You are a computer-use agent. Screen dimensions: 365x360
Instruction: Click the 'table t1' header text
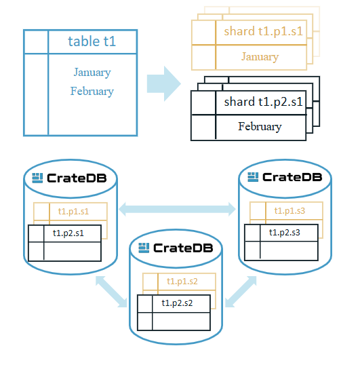92,41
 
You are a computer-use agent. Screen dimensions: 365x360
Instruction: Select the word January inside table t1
92,73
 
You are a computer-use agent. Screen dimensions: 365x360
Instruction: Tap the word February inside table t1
92,92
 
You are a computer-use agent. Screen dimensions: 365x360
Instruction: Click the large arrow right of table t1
163,83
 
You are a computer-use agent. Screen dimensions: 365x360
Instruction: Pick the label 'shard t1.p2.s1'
263,102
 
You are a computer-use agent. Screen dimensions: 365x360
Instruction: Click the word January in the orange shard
260,57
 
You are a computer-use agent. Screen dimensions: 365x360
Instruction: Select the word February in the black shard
260,127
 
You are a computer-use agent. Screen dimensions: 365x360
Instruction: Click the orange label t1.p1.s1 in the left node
73,212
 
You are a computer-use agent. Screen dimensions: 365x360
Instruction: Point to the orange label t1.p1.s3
289,210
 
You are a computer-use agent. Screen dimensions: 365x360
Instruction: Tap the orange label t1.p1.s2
181,282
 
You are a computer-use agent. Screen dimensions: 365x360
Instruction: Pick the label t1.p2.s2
177,303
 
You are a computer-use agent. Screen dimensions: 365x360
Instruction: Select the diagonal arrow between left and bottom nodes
113,290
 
